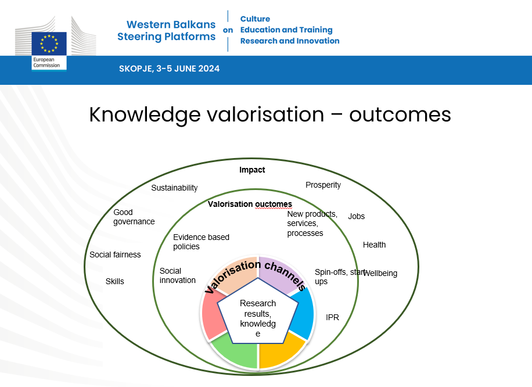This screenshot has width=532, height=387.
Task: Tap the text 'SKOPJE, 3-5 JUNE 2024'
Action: [169, 69]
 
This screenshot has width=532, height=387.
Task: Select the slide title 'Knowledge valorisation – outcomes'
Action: [270, 114]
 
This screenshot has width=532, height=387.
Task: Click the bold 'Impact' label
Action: [252, 170]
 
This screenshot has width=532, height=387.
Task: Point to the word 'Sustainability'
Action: [174, 188]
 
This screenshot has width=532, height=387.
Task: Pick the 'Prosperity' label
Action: [323, 185]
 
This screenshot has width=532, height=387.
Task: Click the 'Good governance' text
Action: [134, 217]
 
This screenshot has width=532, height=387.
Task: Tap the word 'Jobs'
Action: [356, 216]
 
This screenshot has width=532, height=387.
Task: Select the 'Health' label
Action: [374, 245]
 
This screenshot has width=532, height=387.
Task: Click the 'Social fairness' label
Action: [115, 255]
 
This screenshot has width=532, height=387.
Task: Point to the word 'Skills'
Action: [114, 281]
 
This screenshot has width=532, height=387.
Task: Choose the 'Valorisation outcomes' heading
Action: [250, 204]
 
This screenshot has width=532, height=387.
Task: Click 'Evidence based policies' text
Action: [201, 242]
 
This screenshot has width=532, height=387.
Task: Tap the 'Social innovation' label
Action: [177, 275]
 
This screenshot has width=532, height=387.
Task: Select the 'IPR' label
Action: [332, 317]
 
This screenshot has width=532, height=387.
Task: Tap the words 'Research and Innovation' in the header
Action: [289, 41]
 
